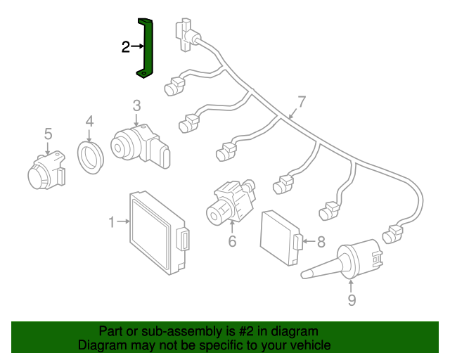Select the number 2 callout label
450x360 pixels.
pos(125,47)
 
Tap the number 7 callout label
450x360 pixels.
pos(302,101)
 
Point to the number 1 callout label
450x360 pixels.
pos(111,223)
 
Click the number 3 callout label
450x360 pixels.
pos(136,105)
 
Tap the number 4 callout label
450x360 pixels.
pos(89,122)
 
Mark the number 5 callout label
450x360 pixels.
pos(48,134)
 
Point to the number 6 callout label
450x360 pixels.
pos(231,243)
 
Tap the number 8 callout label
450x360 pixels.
pos(321,242)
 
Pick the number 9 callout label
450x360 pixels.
pos(352,301)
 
